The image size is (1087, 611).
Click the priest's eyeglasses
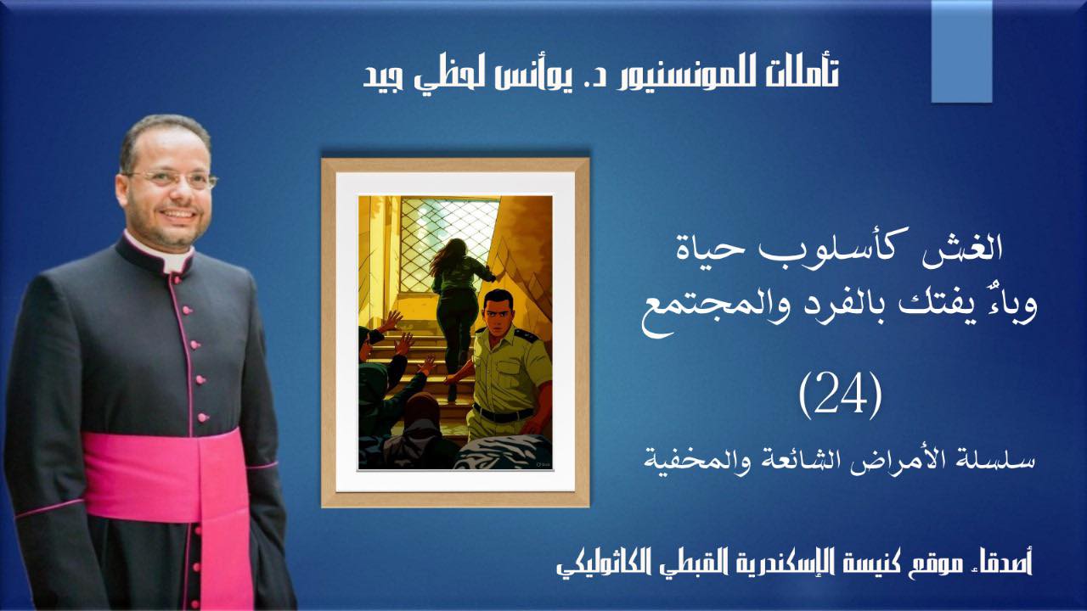click(171, 178)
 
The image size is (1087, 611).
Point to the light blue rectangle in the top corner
click(961, 52)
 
